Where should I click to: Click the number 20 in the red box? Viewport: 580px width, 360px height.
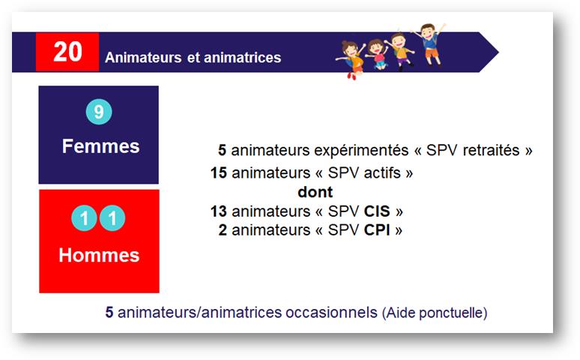pos(67,52)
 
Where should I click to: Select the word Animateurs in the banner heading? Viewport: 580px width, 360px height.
pos(143,58)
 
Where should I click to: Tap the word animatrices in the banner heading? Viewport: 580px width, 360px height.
pos(242,58)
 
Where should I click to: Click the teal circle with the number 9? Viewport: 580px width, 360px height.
pos(99,112)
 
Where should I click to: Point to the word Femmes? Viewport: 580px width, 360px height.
pos(100,146)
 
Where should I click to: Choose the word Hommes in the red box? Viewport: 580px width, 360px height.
pos(99,255)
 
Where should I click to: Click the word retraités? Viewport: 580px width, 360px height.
pos(492,151)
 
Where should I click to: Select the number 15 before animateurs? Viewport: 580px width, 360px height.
pos(219,173)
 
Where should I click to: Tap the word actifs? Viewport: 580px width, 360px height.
pos(382,173)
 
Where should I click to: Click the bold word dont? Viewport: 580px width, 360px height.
pos(315,192)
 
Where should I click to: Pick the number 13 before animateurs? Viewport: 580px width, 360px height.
pos(219,211)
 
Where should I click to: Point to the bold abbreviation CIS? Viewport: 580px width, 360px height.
pos(377,211)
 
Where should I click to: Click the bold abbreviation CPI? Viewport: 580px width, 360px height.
pos(377,230)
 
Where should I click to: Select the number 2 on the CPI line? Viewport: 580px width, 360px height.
pos(223,230)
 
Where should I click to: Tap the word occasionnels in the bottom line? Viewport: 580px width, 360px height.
pos(331,313)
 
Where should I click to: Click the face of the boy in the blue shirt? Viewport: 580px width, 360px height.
pos(429,30)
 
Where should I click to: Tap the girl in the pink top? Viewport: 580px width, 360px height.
pos(377,55)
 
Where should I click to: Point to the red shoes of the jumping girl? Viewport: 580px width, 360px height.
pos(351,76)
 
